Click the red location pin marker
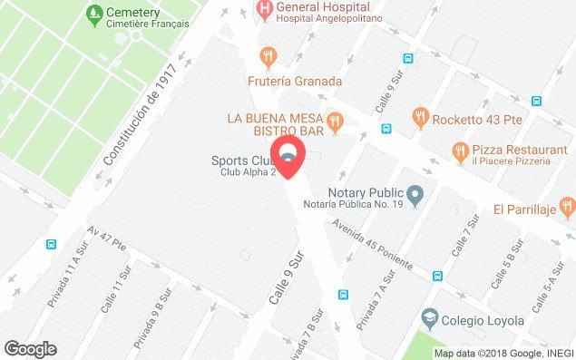coord(288,156)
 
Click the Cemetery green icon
coord(92,14)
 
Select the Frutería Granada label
coord(295,81)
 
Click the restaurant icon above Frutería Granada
coord(267,56)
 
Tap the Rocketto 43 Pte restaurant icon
coord(419,115)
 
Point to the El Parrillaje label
coord(531,208)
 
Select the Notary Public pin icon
coord(415,193)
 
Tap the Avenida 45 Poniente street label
coord(372,245)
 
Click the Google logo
coord(30,349)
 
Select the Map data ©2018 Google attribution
coord(503,353)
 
